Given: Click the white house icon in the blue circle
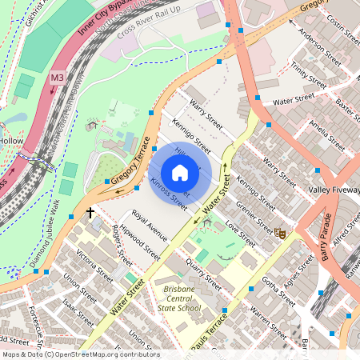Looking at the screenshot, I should tap(180, 173).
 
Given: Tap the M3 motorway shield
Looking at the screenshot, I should tap(57, 78).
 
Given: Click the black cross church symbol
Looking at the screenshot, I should tap(90, 213).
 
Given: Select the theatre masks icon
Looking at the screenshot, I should tap(280, 233).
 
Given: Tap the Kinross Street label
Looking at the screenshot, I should tap(168, 194).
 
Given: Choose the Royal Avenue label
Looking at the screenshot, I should tap(150, 227).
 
